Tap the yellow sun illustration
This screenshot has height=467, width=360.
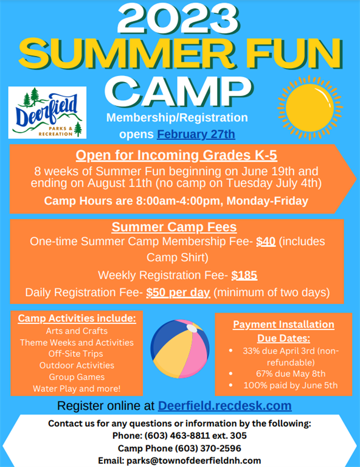[x=310, y=105]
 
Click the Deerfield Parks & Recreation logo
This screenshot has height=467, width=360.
[x=47, y=112]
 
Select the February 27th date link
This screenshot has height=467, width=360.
[x=196, y=134]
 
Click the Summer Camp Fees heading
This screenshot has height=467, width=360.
[x=174, y=227]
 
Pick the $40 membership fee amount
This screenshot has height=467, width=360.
[x=266, y=241]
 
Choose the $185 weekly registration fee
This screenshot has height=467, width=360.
[x=244, y=275]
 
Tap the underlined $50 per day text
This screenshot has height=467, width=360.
[x=178, y=292]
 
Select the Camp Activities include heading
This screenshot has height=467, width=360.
[x=77, y=319]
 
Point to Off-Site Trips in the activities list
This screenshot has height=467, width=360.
[x=77, y=354]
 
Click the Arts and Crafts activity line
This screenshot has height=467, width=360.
[x=77, y=331]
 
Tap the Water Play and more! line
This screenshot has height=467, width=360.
[x=77, y=388]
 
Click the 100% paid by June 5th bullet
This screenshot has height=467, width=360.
[x=290, y=386]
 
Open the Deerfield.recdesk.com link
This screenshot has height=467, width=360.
[x=224, y=406]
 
